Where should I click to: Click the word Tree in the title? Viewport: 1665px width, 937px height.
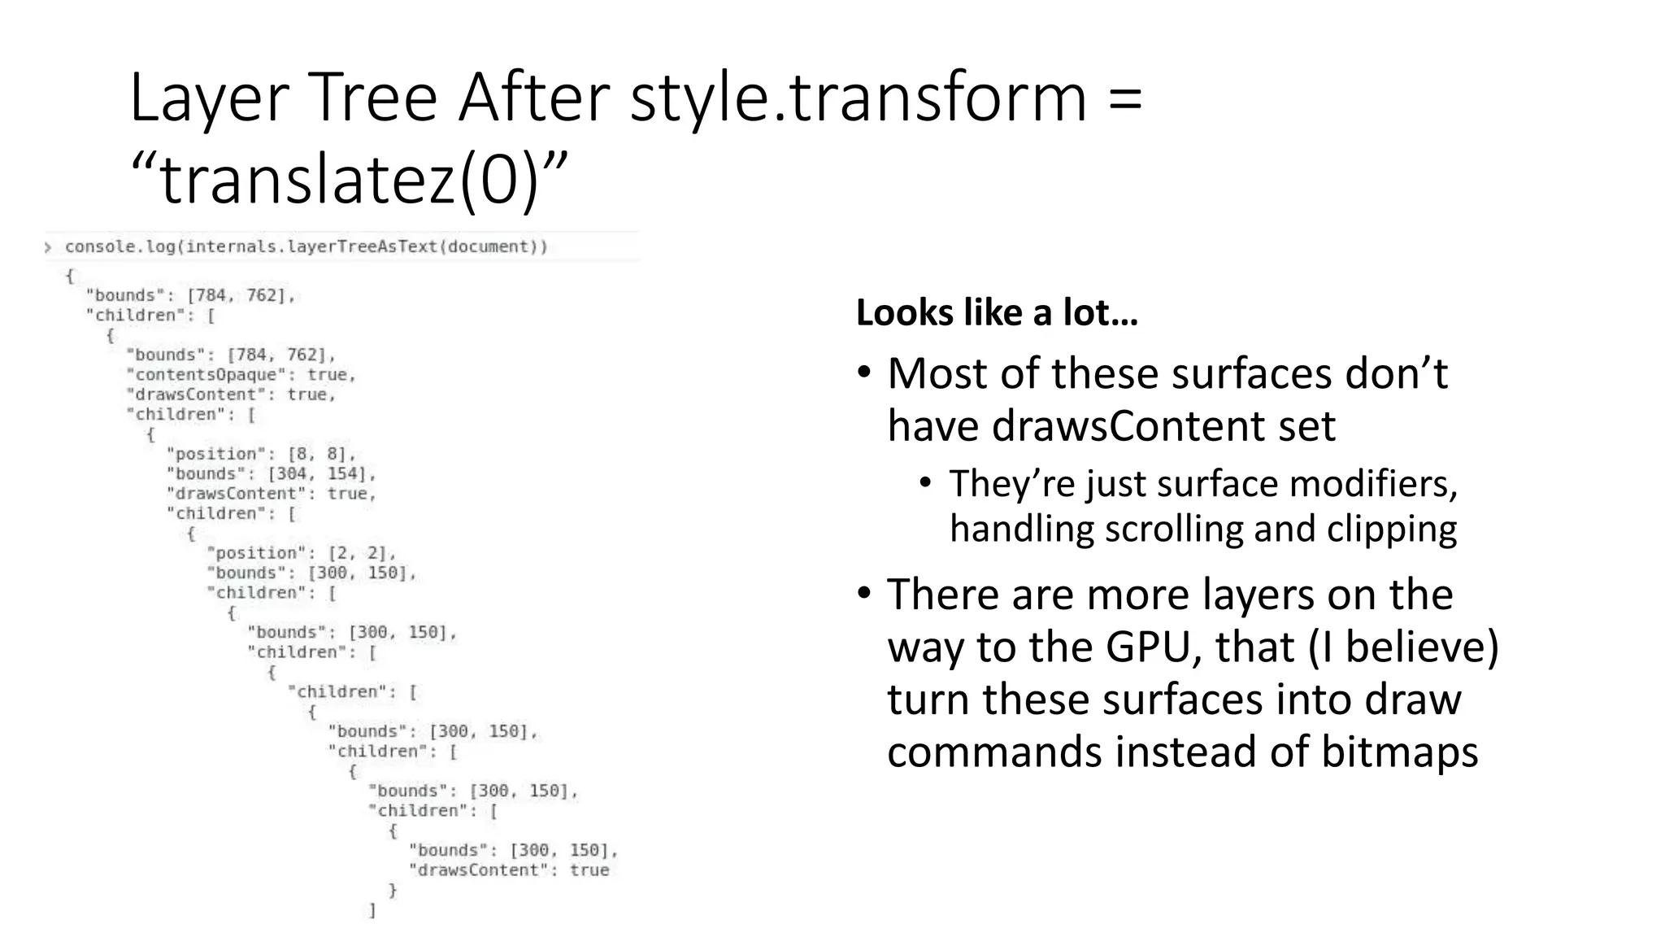(x=373, y=98)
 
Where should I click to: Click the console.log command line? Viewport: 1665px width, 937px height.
(x=306, y=246)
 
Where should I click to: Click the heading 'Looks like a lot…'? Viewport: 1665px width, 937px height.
(x=997, y=312)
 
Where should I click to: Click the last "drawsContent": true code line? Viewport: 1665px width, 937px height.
(x=508, y=870)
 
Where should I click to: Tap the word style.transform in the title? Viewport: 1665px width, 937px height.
(x=858, y=98)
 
